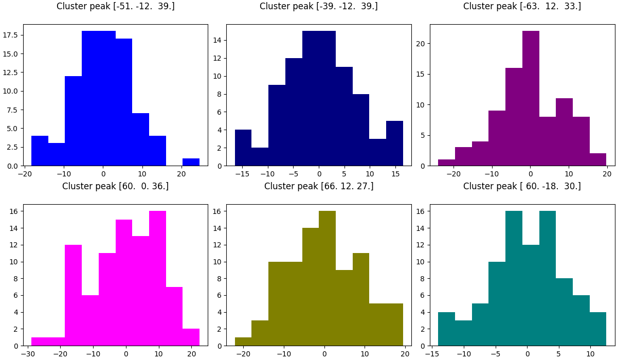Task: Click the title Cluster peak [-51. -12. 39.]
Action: [x=115, y=7]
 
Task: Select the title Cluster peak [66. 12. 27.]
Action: [x=319, y=186]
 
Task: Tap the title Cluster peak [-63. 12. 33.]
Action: [x=522, y=7]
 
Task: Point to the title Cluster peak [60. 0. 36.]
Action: [x=115, y=186]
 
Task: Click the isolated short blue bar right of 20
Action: [x=191, y=162]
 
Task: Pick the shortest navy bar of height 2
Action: [x=260, y=157]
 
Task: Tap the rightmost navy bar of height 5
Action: [x=394, y=143]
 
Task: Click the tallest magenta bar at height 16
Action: [x=157, y=278]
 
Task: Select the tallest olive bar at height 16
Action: [x=327, y=278]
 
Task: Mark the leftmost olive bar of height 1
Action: [x=243, y=341]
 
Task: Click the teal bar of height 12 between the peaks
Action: [x=531, y=295]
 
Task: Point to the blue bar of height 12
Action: [x=73, y=121]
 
